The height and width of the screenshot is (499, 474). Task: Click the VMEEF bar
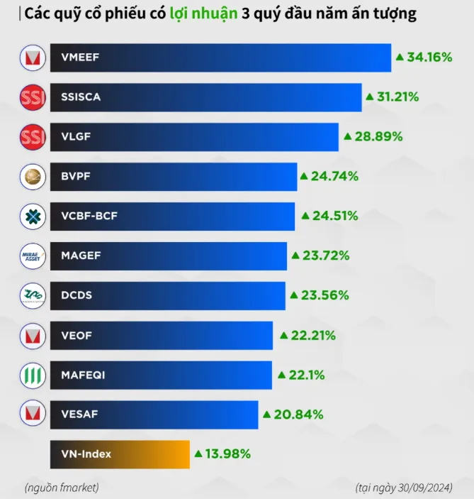point(220,57)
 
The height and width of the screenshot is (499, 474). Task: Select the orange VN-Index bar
point(120,454)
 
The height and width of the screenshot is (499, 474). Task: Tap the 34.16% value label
point(429,57)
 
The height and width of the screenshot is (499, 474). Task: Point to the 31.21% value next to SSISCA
point(397,97)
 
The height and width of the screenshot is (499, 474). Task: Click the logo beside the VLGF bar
point(33,136)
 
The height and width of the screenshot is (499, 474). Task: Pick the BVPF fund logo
point(33,176)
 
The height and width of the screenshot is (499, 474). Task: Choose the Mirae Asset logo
point(33,256)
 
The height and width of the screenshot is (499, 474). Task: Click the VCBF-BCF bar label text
point(89,216)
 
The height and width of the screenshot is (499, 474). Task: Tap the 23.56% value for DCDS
point(319,295)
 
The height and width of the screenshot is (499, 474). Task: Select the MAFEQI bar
point(161,375)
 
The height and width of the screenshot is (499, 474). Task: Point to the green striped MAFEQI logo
point(33,375)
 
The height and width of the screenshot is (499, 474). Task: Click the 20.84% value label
point(298,415)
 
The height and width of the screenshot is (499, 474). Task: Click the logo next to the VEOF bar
point(33,335)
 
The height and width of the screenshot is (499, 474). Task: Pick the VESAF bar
point(154,415)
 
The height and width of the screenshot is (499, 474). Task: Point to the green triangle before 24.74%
point(303,175)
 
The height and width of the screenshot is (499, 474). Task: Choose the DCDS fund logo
point(33,295)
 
